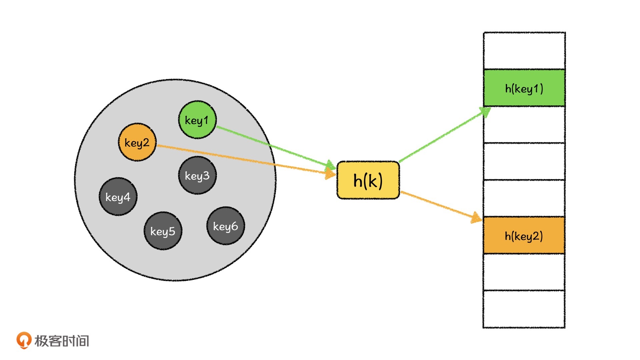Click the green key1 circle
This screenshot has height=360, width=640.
(197, 120)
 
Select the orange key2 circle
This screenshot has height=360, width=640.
(137, 142)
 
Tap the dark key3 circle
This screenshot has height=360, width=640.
(197, 175)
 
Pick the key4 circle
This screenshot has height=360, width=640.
(118, 197)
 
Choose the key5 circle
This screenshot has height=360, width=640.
(163, 231)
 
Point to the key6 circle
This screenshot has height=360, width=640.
(226, 226)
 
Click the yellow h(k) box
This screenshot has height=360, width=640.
(368, 180)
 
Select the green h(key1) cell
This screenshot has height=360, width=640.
(524, 88)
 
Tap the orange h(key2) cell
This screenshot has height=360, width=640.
(524, 236)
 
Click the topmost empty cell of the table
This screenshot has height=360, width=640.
(524, 51)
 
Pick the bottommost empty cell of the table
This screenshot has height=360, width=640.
(524, 309)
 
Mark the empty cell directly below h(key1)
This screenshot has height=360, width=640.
(524, 125)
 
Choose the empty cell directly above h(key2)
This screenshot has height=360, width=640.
(524, 198)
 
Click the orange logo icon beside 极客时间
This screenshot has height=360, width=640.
(24, 340)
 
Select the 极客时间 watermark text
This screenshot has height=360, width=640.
(62, 341)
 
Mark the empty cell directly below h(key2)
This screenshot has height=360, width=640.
(524, 272)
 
